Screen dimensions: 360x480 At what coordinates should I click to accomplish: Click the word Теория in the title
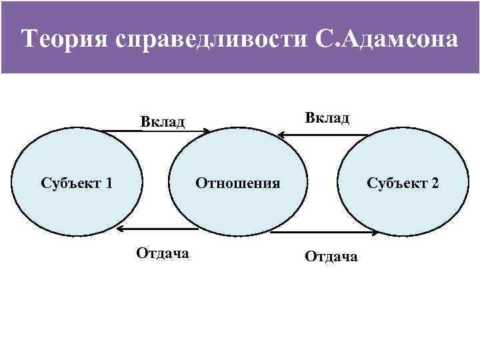click(63, 39)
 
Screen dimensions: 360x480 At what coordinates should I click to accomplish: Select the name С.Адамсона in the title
click(385, 39)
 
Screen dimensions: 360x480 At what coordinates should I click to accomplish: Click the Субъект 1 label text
click(76, 183)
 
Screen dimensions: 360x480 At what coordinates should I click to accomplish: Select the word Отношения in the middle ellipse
click(237, 183)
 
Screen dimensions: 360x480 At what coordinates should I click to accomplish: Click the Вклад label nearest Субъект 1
click(162, 121)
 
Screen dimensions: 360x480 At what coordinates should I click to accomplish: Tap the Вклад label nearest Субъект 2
click(327, 117)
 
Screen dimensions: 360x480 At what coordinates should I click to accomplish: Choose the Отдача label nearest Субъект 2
click(331, 256)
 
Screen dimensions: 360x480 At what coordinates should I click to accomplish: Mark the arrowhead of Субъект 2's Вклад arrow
click(280, 135)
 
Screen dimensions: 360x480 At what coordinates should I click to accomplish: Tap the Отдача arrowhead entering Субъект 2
click(377, 233)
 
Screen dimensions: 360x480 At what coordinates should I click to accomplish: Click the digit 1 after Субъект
click(108, 183)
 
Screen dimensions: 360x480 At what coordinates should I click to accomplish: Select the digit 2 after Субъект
click(435, 183)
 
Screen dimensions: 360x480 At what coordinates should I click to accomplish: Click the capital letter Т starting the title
click(29, 39)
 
